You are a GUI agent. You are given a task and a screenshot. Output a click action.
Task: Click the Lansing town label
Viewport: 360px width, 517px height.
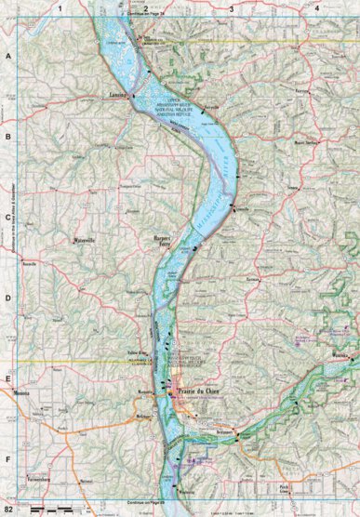click(116, 95)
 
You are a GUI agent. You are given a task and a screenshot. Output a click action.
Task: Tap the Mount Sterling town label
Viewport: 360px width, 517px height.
click(305, 143)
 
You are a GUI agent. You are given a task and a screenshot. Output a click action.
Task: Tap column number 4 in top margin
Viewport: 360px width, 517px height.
click(317, 8)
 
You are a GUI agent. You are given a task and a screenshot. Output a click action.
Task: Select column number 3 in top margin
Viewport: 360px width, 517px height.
click(231, 8)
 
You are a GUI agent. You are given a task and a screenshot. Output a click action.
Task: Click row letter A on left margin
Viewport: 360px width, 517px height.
click(8, 57)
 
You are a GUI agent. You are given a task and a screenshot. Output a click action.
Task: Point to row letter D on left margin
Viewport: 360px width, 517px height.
click(8, 299)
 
